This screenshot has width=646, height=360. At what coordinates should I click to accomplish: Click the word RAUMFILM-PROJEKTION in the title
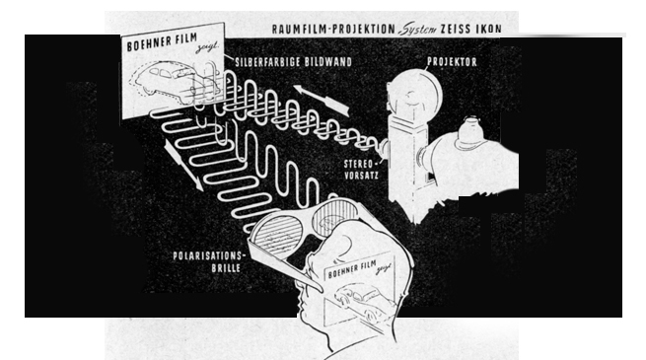[x=333, y=30]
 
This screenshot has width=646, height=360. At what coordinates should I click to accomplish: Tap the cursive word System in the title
[x=418, y=30]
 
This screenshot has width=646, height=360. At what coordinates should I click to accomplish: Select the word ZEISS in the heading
[x=456, y=29]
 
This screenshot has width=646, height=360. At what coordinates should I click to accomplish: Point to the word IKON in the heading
[x=489, y=29]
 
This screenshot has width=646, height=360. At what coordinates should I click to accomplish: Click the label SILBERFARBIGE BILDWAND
[x=293, y=62]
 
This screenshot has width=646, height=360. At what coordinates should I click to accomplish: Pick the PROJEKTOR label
[x=452, y=62]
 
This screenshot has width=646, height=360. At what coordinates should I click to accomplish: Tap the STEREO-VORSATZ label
[x=361, y=170]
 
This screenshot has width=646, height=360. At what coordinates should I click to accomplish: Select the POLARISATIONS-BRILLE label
[x=209, y=262]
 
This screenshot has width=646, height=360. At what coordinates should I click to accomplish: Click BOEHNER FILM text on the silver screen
[x=162, y=42]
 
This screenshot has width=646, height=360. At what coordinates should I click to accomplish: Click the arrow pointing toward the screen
[x=322, y=100]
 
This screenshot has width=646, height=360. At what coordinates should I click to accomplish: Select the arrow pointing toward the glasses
[x=183, y=165]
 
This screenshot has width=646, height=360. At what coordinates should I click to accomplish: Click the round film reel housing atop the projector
[x=414, y=94]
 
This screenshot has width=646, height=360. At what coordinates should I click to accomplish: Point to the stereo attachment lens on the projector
[x=383, y=149]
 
